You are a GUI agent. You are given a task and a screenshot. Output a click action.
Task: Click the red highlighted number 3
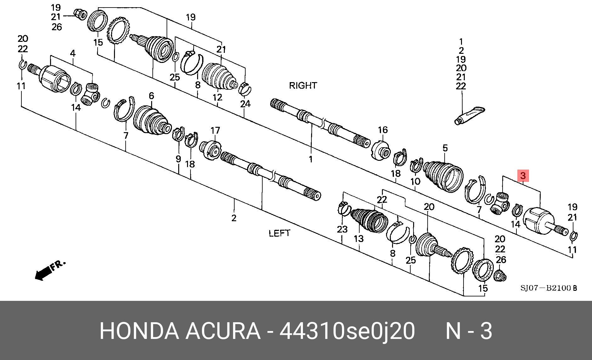click(523, 176)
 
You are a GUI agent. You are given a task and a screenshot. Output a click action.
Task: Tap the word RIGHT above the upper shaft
click(303, 85)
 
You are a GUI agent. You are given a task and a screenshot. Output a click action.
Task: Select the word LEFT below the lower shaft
click(279, 233)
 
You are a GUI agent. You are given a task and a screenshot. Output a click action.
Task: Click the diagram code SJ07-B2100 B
click(548, 288)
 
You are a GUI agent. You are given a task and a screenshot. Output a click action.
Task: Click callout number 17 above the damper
click(215, 130)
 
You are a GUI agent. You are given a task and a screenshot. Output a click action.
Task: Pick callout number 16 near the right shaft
click(383, 130)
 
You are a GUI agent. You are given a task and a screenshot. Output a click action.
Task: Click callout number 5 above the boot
click(445, 148)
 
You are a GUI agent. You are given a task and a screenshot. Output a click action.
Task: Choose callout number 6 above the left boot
click(151, 96)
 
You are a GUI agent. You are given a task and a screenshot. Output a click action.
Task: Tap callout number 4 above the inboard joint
click(73, 53)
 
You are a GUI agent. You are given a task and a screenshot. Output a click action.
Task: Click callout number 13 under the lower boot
click(359, 239)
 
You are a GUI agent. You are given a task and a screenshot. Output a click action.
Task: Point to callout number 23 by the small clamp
click(342, 229)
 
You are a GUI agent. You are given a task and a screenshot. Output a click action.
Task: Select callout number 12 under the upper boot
click(217, 97)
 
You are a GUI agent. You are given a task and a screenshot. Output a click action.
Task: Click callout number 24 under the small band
click(245, 103)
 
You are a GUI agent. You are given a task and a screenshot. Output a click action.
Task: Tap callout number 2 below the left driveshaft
click(234, 218)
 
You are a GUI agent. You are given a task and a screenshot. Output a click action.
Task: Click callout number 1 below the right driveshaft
click(311, 159)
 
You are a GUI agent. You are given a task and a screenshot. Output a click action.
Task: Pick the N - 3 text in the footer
click(469, 331)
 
